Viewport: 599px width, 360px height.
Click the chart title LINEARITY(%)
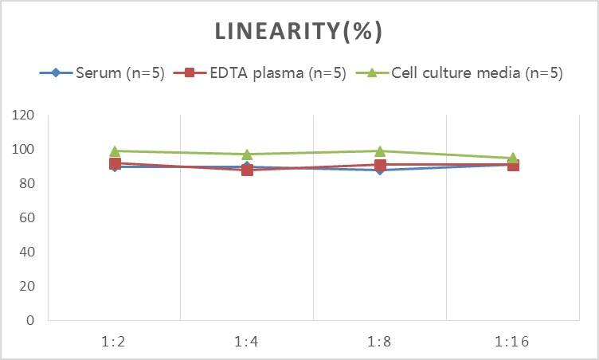tap(299, 31)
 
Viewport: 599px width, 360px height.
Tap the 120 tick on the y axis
tap(23, 115)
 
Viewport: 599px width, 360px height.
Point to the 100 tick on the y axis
tap(23, 150)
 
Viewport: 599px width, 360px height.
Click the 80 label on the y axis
tap(26, 184)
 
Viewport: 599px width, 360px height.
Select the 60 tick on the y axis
tap(26, 218)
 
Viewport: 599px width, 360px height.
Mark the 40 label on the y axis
tap(26, 252)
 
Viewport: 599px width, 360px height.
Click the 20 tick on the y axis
tap(26, 287)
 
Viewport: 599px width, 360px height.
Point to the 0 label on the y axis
tap(30, 321)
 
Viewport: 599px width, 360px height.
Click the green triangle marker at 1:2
tap(115, 151)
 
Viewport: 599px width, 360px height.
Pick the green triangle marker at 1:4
tap(247, 154)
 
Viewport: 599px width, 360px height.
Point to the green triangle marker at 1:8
tap(380, 151)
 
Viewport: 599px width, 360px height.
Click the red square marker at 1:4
tap(247, 170)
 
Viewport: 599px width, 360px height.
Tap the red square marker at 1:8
tap(380, 165)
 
